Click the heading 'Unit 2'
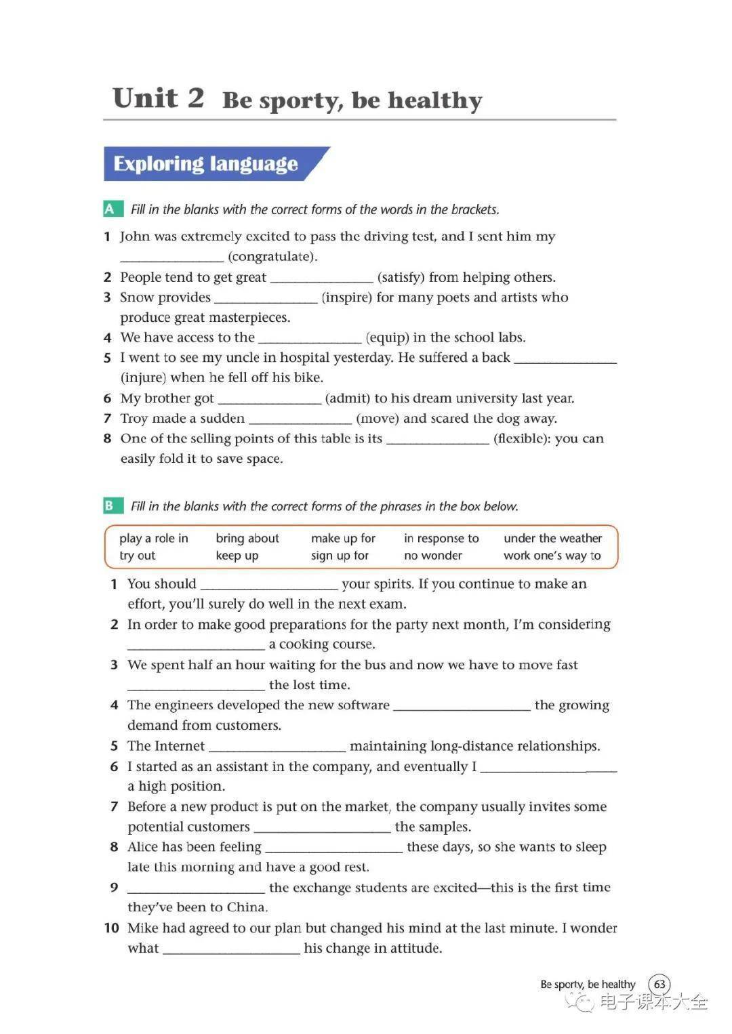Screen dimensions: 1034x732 tap(158, 99)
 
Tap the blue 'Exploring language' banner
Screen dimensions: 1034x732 tap(206, 164)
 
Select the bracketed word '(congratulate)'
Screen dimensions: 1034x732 tap(272, 256)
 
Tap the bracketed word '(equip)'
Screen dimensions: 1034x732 tap(387, 337)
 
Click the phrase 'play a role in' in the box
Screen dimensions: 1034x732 tap(154, 538)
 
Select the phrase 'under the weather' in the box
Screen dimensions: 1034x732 tap(552, 538)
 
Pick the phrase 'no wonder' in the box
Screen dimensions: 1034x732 tap(433, 556)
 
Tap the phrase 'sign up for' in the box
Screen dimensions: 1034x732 tap(340, 556)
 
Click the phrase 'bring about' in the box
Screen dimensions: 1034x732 tap(247, 538)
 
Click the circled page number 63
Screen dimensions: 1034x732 tap(659, 984)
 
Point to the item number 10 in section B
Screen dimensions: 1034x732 tap(112, 928)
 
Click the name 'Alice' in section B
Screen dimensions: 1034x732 tap(143, 847)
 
